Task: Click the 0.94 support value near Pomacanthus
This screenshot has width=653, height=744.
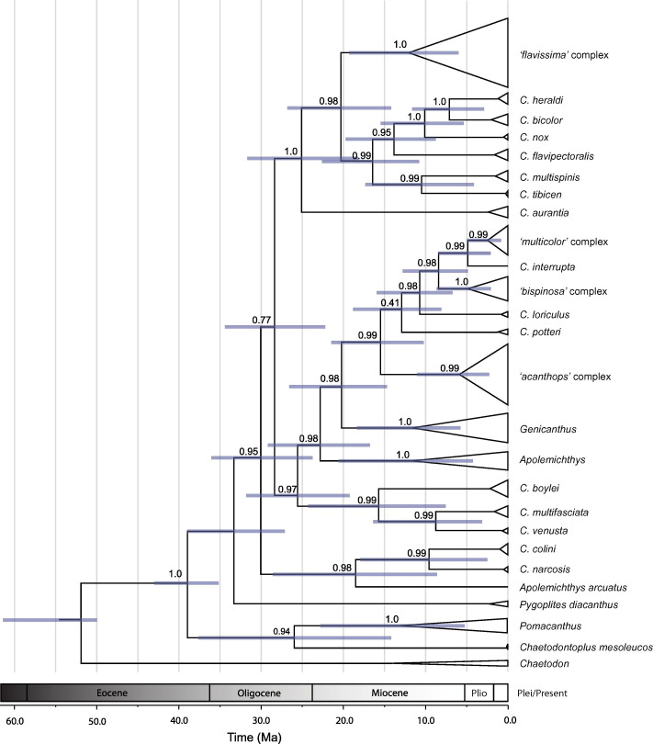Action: click(282, 630)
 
